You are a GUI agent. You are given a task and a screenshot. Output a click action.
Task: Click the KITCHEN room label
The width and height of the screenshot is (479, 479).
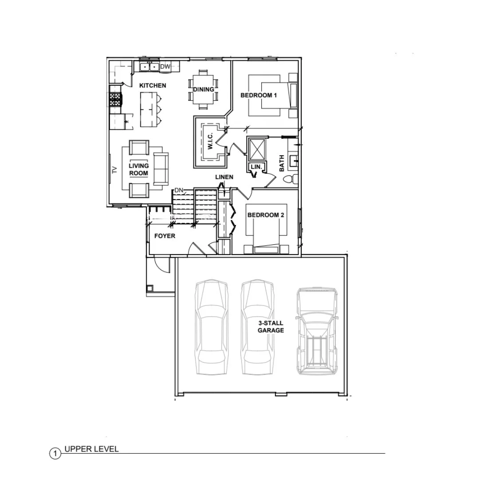click(153, 86)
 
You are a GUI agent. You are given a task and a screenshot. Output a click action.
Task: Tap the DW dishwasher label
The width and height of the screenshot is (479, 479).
click(165, 67)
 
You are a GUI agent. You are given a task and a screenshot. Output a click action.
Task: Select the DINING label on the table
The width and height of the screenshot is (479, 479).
click(204, 90)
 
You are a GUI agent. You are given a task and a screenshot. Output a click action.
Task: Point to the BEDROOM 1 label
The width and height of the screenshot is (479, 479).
click(259, 95)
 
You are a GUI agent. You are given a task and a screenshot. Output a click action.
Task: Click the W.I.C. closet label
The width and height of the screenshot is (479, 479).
click(210, 141)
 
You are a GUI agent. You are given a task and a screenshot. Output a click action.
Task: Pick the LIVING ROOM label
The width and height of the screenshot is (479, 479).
click(139, 169)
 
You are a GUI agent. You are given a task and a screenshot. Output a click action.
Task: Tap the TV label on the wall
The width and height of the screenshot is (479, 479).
click(115, 170)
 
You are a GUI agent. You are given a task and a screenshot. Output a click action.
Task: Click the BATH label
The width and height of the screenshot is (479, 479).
click(282, 163)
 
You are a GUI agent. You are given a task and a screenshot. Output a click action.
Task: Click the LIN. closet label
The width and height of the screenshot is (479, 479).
click(256, 167)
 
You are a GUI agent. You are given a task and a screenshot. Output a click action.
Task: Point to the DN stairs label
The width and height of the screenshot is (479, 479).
click(179, 190)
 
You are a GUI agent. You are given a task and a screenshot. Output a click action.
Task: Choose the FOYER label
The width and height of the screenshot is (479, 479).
click(165, 236)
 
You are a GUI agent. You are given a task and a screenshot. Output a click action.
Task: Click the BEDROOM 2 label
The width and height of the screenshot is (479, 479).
click(266, 215)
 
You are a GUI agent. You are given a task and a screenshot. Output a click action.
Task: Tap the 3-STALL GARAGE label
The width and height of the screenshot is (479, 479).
click(271, 326)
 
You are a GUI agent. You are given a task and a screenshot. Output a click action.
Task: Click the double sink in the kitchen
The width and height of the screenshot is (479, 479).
click(149, 67)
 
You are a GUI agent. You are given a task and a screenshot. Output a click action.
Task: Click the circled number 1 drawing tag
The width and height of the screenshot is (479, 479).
click(55, 454)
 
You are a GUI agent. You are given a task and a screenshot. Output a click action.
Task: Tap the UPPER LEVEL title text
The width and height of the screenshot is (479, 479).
click(92, 449)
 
